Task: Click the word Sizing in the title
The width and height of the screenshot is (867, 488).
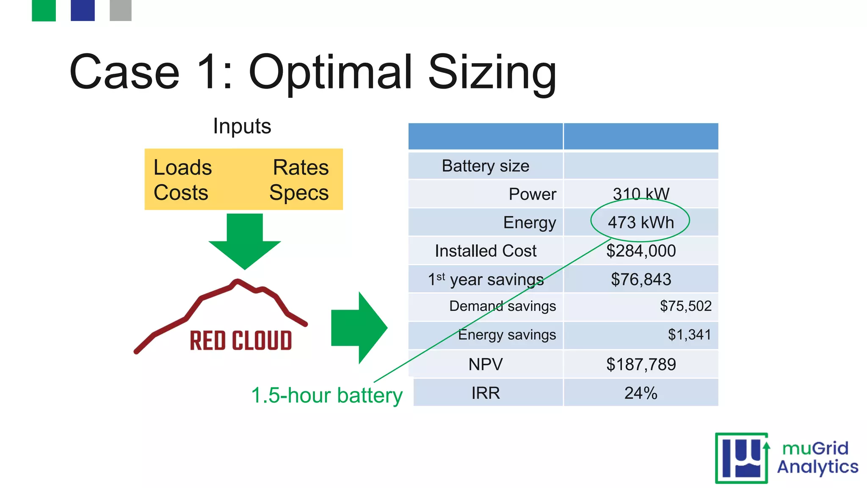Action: pos(492,73)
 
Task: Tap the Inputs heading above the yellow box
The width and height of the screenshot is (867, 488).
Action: pos(242,126)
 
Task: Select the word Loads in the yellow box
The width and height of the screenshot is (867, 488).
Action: pos(182,168)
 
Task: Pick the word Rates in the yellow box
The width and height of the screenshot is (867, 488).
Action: pos(301,168)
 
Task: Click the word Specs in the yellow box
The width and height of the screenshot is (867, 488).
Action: pos(299,193)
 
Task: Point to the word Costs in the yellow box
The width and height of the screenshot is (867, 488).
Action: pos(181,193)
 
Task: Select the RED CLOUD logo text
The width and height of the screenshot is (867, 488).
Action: pos(240,341)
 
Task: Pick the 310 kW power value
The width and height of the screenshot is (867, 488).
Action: pos(641,194)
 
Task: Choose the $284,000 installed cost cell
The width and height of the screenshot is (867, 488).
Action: pos(641,251)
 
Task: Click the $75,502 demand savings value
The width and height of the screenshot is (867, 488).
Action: pos(685,306)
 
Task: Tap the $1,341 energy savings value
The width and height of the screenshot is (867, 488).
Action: pos(689,335)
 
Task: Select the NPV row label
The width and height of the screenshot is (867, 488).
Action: pos(485,364)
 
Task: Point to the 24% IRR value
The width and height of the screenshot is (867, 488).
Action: pos(641,393)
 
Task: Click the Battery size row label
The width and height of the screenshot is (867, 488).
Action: pos(485,166)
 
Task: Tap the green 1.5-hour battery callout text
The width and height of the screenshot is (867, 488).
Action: pos(326,396)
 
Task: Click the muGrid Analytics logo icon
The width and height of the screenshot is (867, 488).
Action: pos(742,458)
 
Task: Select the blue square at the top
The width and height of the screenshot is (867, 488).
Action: pos(83,10)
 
